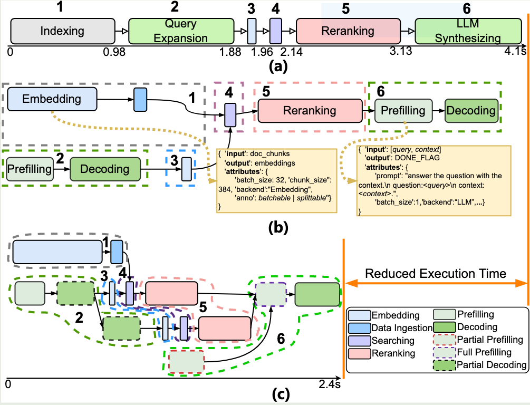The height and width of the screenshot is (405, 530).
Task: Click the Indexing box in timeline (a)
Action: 62,31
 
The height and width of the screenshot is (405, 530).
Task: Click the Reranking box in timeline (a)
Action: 348,31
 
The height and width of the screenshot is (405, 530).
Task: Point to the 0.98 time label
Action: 114,52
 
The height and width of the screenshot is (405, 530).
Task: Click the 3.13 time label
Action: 401,52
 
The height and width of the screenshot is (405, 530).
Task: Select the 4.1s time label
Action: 515,52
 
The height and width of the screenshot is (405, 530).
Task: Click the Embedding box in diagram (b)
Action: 52,99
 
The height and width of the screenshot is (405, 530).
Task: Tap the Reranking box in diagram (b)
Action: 310,110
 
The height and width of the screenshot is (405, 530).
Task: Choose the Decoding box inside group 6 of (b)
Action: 470,110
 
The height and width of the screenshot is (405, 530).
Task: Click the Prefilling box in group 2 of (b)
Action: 30,169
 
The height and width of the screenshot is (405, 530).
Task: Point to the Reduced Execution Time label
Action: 436,274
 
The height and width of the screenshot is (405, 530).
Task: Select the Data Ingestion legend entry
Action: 395,328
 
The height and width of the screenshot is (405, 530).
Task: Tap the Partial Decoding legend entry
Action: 484,365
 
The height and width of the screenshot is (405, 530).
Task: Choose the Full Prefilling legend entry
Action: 481,352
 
